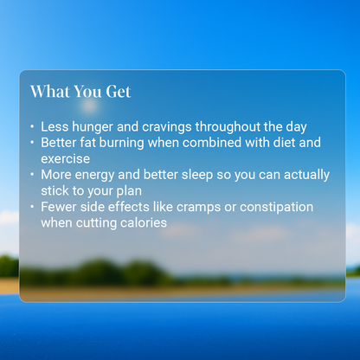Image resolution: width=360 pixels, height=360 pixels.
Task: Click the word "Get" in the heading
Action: tap(117, 92)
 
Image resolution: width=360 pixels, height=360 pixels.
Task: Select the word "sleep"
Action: tap(197, 175)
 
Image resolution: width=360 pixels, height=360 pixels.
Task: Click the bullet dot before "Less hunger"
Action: tap(32, 127)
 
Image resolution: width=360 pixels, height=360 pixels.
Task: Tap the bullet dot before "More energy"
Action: tap(32, 176)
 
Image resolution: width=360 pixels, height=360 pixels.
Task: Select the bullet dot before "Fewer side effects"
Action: tap(32, 208)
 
